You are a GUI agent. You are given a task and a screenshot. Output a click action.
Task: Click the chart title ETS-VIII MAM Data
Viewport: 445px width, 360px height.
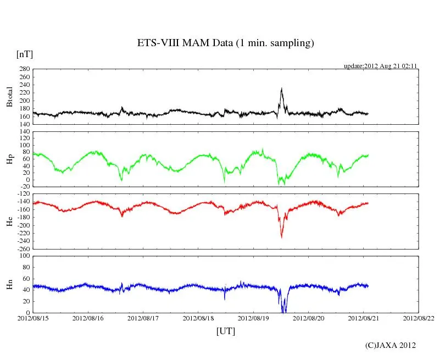pyautogui.click(x=225, y=43)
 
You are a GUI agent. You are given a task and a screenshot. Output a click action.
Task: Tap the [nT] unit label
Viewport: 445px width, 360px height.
pyautogui.click(x=25, y=54)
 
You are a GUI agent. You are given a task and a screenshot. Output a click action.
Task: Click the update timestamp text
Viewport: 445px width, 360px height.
pyautogui.click(x=381, y=65)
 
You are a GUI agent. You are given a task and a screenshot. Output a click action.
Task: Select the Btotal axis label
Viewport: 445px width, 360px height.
pyautogui.click(x=9, y=96)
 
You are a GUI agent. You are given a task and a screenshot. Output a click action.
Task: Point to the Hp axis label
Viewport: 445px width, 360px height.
pyautogui.click(x=9, y=159)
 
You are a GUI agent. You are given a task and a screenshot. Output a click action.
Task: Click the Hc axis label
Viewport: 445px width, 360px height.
pyautogui.click(x=9, y=221)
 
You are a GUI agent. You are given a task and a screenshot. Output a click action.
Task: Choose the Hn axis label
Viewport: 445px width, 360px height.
pyautogui.click(x=9, y=284)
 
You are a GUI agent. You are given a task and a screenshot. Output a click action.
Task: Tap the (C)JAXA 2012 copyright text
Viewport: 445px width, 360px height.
pyautogui.click(x=391, y=345)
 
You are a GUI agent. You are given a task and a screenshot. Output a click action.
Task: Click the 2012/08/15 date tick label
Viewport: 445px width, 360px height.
pyautogui.click(x=33, y=318)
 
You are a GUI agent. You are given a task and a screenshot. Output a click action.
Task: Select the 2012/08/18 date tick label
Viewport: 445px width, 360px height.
pyautogui.click(x=198, y=318)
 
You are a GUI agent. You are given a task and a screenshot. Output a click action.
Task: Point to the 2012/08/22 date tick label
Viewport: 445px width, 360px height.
pyautogui.click(x=418, y=318)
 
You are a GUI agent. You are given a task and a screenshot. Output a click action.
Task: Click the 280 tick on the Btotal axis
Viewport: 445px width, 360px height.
pyautogui.click(x=23, y=69)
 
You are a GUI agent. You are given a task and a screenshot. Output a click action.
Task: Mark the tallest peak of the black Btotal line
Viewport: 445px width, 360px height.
pyautogui.click(x=281, y=88)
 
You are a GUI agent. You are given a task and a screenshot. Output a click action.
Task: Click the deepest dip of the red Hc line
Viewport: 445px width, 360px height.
pyautogui.click(x=281, y=237)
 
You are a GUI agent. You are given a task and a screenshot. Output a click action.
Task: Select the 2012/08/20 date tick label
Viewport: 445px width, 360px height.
pyautogui.click(x=308, y=318)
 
